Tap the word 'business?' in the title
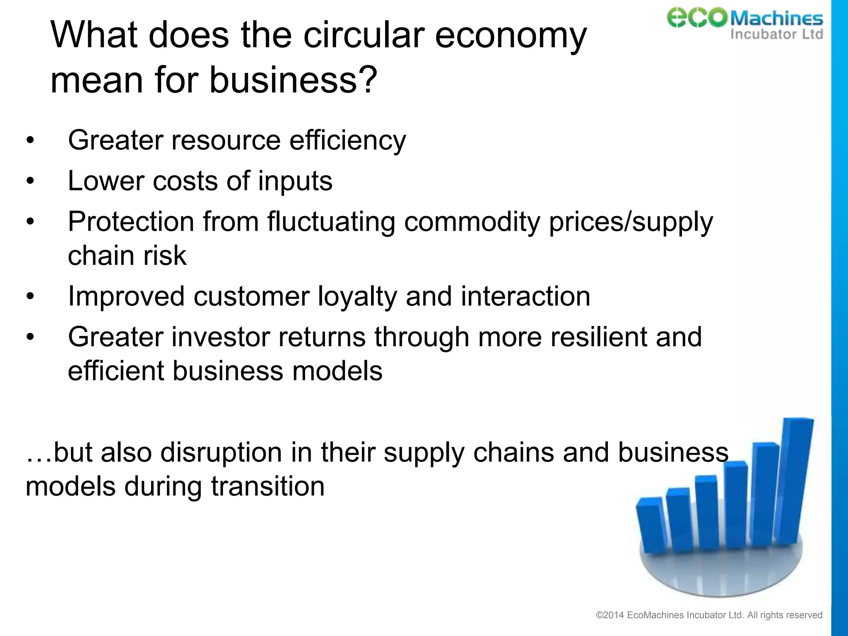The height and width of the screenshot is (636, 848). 293,79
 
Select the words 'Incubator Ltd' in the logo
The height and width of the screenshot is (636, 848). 776,34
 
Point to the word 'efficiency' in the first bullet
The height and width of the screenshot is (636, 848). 347,141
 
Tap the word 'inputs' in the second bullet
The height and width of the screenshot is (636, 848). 295,181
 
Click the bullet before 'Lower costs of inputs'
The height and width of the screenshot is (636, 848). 30,181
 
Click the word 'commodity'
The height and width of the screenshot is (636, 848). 472,222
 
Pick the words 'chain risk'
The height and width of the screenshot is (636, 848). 127,255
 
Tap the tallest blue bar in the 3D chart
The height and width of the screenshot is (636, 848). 793,480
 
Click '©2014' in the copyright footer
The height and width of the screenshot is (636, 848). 609,615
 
